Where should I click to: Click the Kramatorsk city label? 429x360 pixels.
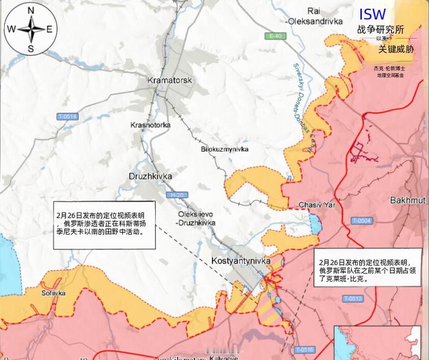tap(169, 80)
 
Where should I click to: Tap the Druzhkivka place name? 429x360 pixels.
tap(150, 176)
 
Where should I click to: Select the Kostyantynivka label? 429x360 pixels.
tap(241, 261)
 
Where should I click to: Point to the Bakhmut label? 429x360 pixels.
tap(407, 200)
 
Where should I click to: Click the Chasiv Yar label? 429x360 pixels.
tap(317, 205)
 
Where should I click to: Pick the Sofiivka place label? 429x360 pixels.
tap(53, 293)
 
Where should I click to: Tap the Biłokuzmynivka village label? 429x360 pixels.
tap(224, 149)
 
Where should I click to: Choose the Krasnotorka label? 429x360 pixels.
tap(151, 125)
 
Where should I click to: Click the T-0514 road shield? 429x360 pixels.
tap(67, 117)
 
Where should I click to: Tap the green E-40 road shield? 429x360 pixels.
tap(275, 36)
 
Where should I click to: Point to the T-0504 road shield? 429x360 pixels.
tap(361, 221)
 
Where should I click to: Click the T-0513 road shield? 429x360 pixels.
tap(353, 299)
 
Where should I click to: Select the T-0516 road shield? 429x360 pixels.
tap(305, 350)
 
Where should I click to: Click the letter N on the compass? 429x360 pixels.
tap(31, 11)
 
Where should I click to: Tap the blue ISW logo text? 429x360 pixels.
tap(372, 14)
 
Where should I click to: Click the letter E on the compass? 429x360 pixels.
tap(50, 29)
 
